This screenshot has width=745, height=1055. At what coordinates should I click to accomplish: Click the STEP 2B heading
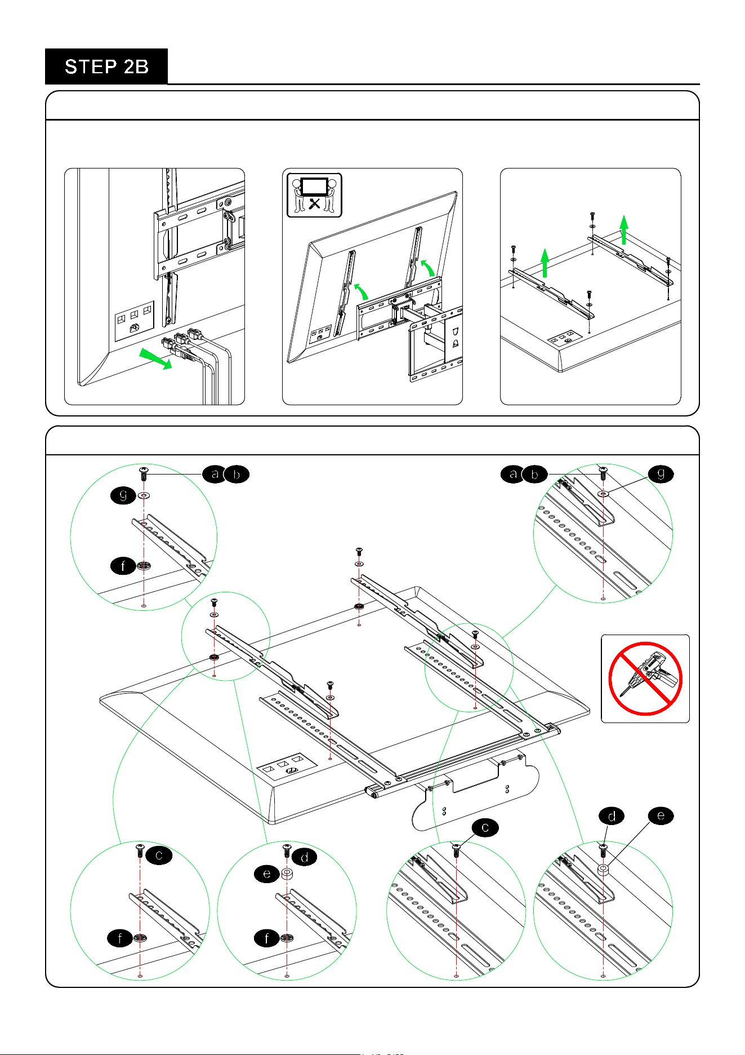pos(106,67)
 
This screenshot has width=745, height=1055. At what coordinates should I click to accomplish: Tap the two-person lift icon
pos(314,195)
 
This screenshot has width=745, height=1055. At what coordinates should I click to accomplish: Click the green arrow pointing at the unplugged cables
pos(155,358)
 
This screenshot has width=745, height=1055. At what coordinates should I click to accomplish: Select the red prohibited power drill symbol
pos(645,679)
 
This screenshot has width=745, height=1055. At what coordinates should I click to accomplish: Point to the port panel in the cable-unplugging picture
pos(135,321)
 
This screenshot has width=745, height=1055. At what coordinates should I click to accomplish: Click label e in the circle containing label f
pos(266,874)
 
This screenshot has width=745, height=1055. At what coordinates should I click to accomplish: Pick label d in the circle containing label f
pos(305,857)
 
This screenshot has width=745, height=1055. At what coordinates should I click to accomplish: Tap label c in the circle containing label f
pos(159,855)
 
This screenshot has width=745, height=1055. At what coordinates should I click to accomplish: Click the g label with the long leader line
pos(661,474)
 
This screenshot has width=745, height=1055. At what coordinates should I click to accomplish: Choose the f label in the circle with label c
pos(120,938)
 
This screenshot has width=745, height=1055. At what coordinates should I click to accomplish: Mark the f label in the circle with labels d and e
pos(267,938)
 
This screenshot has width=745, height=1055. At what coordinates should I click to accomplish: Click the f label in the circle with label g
pos(123,565)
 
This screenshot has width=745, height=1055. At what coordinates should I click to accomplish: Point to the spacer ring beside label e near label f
pos(287,874)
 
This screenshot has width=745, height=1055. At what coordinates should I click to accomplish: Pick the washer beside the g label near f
pos(144,496)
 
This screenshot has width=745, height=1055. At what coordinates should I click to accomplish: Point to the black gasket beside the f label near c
pos(140,938)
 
